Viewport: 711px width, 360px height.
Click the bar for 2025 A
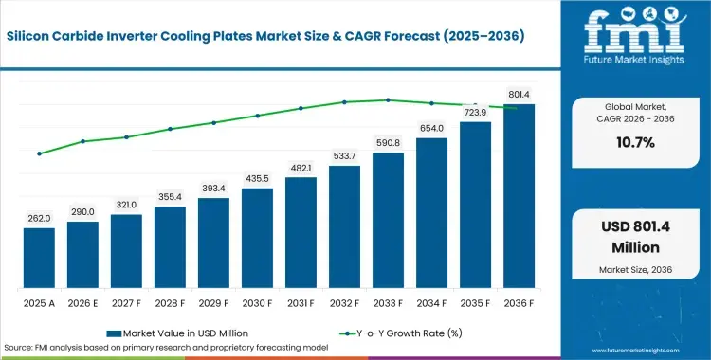pyautogui.click(x=39, y=258)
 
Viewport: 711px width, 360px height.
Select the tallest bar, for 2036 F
pyautogui.click(x=519, y=196)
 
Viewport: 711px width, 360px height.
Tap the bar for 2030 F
pyautogui.click(x=257, y=238)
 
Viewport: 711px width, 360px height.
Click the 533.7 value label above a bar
pyautogui.click(x=344, y=156)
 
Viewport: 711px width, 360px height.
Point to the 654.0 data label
pyautogui.click(x=431, y=128)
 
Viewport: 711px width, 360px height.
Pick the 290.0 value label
pyautogui.click(x=82, y=212)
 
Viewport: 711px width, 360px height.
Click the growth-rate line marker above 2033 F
pyautogui.click(x=388, y=100)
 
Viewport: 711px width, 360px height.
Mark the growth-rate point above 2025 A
pyautogui.click(x=40, y=153)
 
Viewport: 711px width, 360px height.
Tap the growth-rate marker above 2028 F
pyautogui.click(x=170, y=129)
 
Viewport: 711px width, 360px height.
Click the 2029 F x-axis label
pyautogui.click(x=213, y=304)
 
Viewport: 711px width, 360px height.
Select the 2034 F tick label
pyautogui.click(x=431, y=304)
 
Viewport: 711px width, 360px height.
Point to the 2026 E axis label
pyautogui.click(x=82, y=304)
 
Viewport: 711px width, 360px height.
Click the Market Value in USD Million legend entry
pyautogui.click(x=178, y=333)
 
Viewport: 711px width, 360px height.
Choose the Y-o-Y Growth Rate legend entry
pyautogui.click(x=400, y=333)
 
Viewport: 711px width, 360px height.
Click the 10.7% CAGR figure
pyautogui.click(x=635, y=143)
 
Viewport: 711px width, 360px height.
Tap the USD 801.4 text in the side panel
pyautogui.click(x=636, y=226)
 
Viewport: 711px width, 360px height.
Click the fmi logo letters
pyautogui.click(x=635, y=31)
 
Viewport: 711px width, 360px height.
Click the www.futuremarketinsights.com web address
pyautogui.click(x=636, y=351)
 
